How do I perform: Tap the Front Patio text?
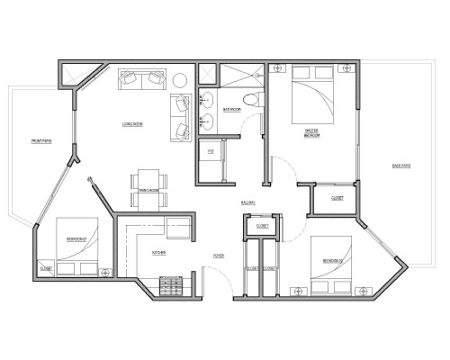40,141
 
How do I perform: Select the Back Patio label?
402,166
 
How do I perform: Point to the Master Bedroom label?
313,134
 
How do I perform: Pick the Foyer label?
219,255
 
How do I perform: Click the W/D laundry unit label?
211,151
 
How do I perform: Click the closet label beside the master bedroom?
337,197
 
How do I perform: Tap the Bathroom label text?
231,111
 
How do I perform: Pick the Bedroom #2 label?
334,262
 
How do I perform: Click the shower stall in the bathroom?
241,76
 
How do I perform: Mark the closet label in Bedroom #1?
45,267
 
